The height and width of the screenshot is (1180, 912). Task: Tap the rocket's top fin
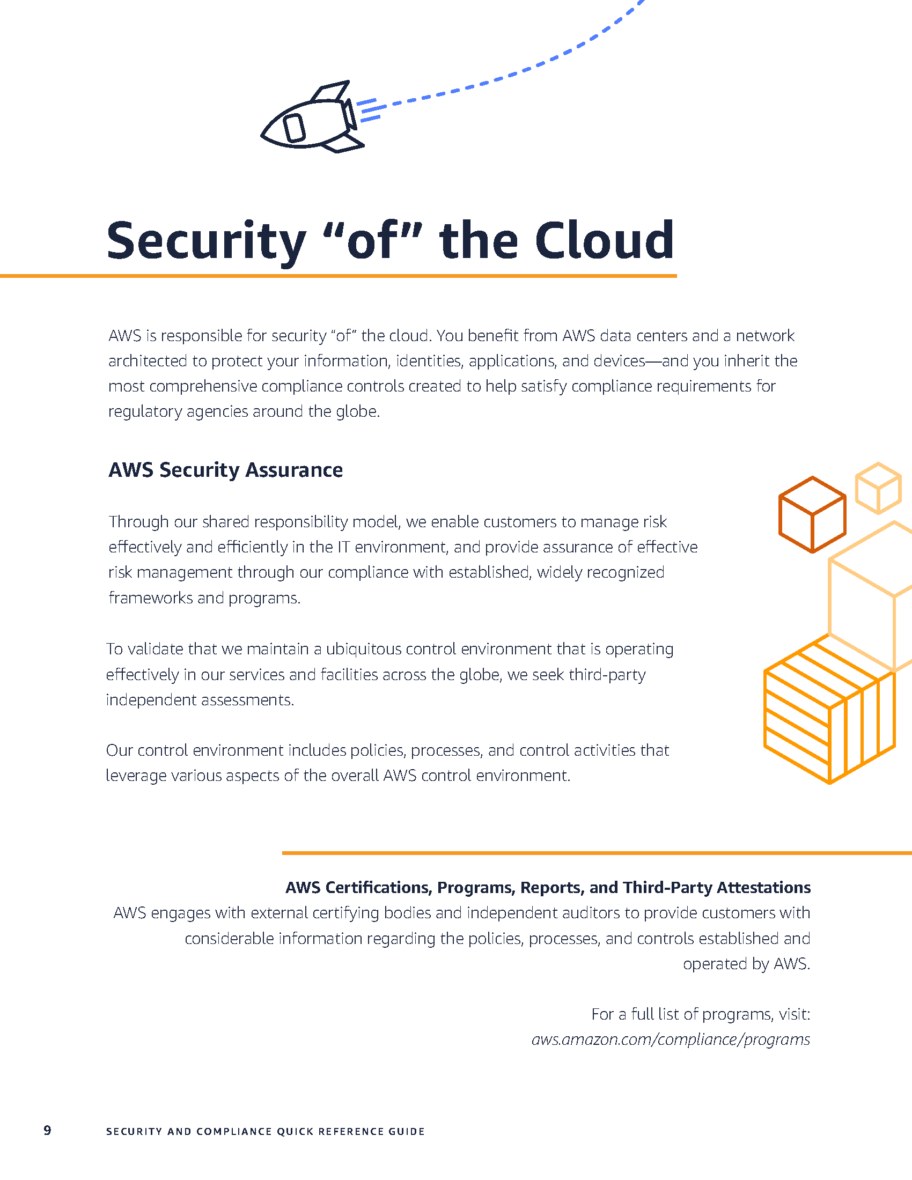(x=330, y=92)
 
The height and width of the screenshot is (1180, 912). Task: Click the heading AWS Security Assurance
(x=225, y=470)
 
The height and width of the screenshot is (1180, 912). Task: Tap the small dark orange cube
(x=812, y=514)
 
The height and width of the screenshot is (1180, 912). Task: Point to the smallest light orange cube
(x=878, y=488)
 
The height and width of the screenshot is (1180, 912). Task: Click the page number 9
(x=48, y=1131)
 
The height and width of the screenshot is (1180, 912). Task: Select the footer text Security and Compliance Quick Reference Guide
(x=265, y=1131)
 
